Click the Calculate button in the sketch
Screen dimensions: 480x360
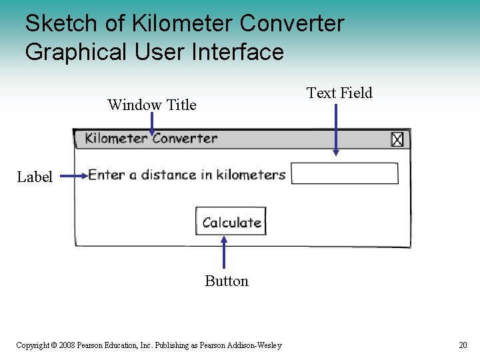coord(231,222)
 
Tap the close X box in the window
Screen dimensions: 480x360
coord(397,139)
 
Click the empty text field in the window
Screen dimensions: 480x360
coord(345,173)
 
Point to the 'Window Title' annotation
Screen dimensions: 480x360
coord(152,105)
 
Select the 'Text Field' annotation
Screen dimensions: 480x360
coord(339,93)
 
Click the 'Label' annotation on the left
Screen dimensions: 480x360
coord(35,177)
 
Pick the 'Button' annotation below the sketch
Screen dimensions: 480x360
coord(227,281)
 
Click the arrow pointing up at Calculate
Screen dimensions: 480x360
coord(223,253)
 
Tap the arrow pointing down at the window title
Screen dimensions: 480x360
coord(151,123)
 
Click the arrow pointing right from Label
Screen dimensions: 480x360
coord(73,176)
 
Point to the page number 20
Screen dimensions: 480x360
coord(463,345)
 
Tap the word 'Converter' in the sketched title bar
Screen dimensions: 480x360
coord(185,139)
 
